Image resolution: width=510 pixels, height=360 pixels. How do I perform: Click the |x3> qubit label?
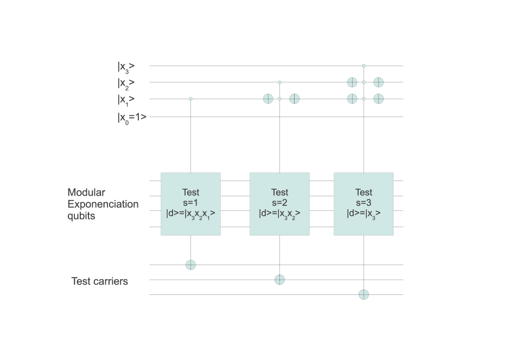[126, 67]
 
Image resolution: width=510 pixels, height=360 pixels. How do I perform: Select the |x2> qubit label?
[126, 83]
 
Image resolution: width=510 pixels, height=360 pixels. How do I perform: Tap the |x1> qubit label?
[126, 99]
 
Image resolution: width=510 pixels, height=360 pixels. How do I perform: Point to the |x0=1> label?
[132, 117]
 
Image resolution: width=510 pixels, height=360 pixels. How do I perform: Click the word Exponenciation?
[103, 204]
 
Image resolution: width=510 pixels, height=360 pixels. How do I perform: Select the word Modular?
[86, 192]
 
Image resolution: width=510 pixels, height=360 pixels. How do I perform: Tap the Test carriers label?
[100, 281]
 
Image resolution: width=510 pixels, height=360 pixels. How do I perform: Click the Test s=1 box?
[190, 204]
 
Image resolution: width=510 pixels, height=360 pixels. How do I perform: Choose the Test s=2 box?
[279, 204]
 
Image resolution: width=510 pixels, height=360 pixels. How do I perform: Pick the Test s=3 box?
[364, 204]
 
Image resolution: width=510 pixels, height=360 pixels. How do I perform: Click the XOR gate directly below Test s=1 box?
[190, 265]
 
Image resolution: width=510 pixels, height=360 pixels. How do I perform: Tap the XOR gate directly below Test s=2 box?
[279, 280]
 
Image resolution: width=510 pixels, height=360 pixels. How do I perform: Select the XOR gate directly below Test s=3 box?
[364, 294]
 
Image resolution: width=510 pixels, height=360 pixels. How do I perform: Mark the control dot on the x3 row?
[364, 66]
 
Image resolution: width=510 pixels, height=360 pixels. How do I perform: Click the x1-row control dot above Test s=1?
[190, 99]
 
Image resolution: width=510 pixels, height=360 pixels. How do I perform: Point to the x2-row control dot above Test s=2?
[279, 82]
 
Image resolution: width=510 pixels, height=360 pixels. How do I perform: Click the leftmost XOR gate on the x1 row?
[268, 99]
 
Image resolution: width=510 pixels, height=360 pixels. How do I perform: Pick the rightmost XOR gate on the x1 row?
[378, 99]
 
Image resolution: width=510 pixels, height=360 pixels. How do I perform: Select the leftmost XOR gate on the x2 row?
[352, 82]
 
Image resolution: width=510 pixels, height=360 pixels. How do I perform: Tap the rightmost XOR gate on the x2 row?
[378, 82]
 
